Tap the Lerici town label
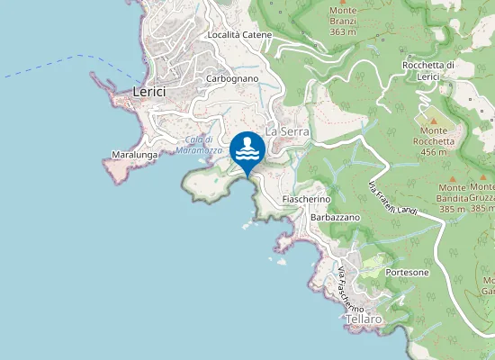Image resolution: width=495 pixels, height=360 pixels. coord(151,92)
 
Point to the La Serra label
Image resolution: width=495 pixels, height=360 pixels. coord(288,131)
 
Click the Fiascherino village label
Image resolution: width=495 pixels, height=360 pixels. coord(307,198)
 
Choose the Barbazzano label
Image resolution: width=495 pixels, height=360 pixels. coord(336,218)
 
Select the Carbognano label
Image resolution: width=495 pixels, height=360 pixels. coord(232,79)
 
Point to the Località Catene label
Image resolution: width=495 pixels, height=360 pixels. coord(239,35)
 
